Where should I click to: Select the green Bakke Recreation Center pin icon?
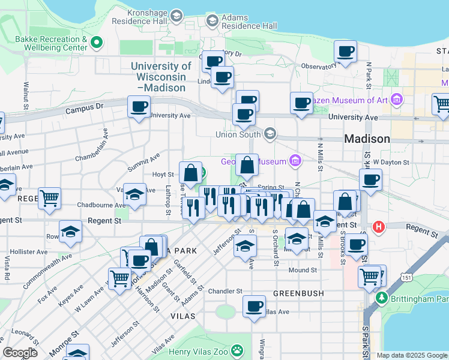click(95, 43)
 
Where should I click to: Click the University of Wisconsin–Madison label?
click(161, 77)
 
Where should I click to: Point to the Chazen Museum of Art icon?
click(396, 98)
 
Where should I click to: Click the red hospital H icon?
click(378, 227)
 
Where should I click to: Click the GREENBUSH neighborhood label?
click(298, 293)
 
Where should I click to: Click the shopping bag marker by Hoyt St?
click(190, 173)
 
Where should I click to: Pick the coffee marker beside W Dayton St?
click(370, 179)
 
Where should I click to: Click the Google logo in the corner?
click(20, 352)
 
